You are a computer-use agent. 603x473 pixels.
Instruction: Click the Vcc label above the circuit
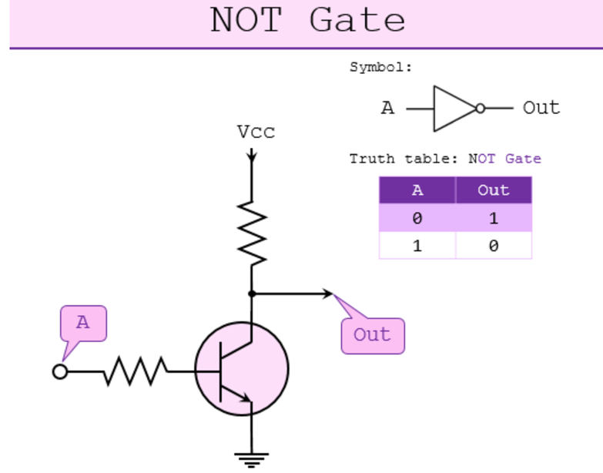click(256, 132)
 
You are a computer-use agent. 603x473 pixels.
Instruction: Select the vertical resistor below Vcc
click(252, 230)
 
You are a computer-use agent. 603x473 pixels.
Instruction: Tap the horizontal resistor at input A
click(136, 371)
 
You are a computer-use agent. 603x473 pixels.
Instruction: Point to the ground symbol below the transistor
click(252, 459)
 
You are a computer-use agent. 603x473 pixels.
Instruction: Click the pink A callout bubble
click(83, 324)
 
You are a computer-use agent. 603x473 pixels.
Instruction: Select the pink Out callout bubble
click(373, 335)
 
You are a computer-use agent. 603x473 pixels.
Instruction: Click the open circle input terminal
click(60, 371)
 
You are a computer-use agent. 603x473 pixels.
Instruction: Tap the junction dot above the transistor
click(252, 294)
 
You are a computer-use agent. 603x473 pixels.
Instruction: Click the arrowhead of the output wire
click(328, 294)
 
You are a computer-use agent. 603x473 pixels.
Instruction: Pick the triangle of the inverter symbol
click(453, 109)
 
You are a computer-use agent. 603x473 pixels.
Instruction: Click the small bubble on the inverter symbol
click(481, 109)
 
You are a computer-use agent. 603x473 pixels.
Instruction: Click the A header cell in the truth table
click(417, 190)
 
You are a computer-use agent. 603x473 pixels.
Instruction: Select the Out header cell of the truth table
click(493, 190)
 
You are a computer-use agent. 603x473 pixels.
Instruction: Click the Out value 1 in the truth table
click(493, 218)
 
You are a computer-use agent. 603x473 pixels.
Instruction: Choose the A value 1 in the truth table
click(417, 246)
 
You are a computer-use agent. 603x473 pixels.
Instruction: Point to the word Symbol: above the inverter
click(381, 67)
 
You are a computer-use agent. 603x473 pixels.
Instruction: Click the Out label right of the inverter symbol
click(541, 108)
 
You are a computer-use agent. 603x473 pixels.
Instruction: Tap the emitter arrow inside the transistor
click(244, 398)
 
